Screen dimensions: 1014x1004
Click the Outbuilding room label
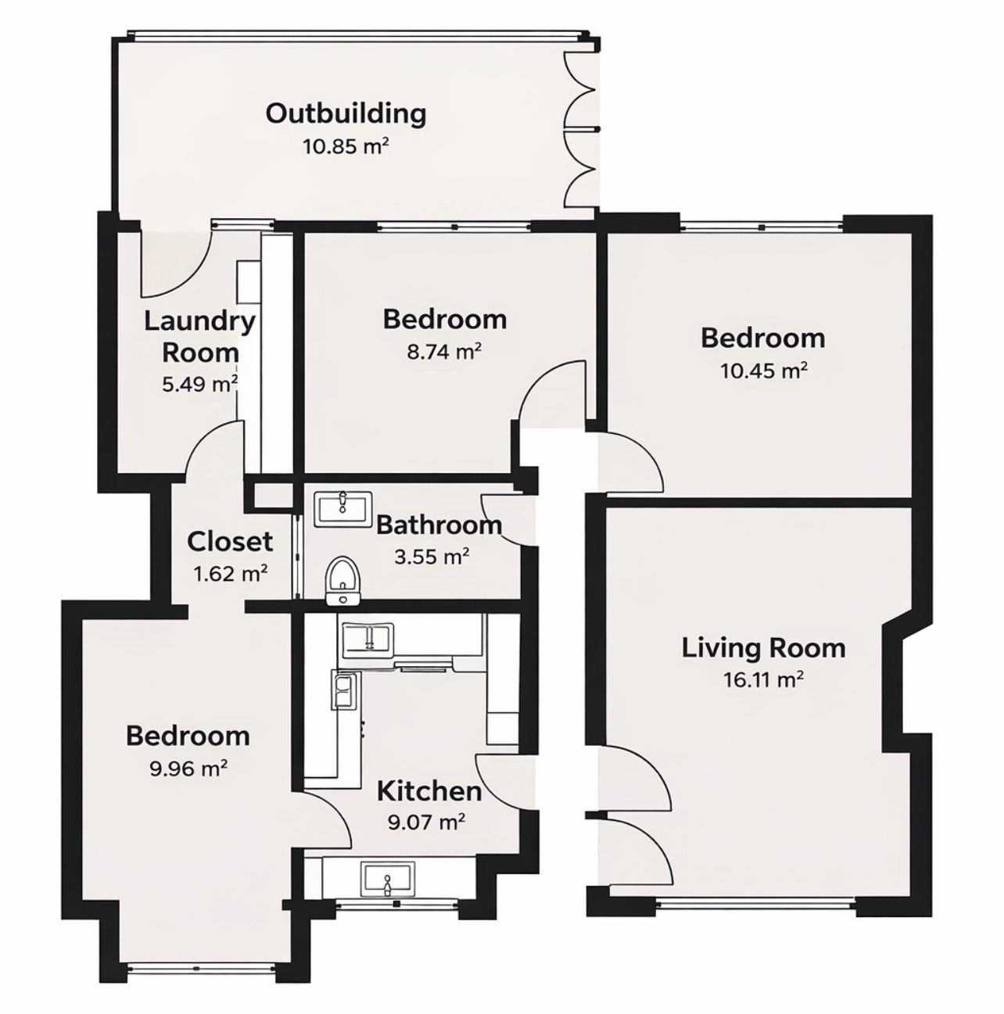click(346, 113)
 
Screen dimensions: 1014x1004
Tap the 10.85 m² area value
click(346, 146)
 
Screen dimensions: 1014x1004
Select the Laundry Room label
click(200, 336)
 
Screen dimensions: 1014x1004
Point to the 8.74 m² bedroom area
click(444, 352)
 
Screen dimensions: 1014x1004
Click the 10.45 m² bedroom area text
click(762, 371)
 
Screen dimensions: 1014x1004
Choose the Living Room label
click(763, 648)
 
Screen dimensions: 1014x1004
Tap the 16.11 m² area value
click(763, 680)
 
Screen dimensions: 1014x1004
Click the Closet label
click(230, 541)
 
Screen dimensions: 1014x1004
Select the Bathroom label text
click(439, 525)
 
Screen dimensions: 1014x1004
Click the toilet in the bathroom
click(342, 580)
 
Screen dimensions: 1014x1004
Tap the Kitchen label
click(428, 791)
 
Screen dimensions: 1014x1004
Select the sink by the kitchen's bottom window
click(387, 879)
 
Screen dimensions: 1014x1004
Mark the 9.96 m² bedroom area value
click(188, 769)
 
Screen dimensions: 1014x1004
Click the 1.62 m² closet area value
click(230, 574)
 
